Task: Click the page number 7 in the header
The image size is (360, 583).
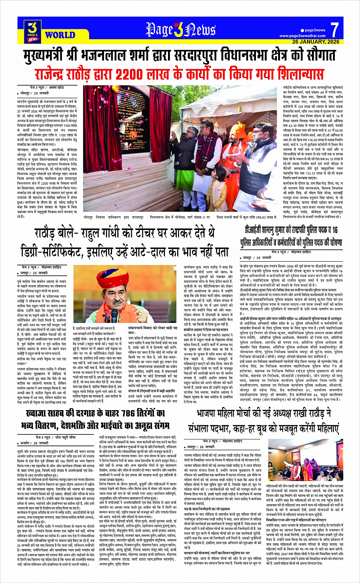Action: pos(334,29)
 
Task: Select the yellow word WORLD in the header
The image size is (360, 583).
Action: pos(60,35)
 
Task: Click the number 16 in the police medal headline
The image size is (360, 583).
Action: pos(334,230)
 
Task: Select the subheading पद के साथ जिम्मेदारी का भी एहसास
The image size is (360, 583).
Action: pos(208,509)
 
